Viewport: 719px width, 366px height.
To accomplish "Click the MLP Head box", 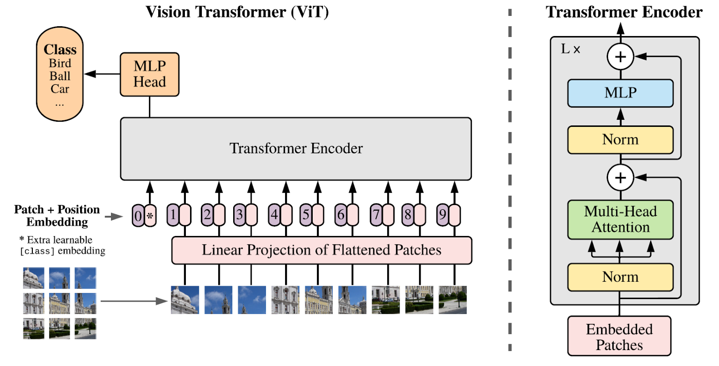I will (x=149, y=74).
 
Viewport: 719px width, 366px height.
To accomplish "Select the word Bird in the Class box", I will (x=60, y=64).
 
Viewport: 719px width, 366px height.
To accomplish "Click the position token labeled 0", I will (x=137, y=216).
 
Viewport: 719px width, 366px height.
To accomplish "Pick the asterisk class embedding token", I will (x=150, y=216).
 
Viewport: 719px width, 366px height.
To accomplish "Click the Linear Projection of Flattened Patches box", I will (x=321, y=250).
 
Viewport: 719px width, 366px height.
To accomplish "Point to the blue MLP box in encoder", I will (x=620, y=93).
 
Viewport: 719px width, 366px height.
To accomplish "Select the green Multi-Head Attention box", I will (x=620, y=219).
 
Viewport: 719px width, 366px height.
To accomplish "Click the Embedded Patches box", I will (x=619, y=336).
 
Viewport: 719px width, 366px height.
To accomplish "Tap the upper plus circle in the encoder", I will (x=620, y=56).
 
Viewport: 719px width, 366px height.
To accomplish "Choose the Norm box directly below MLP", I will (x=620, y=139).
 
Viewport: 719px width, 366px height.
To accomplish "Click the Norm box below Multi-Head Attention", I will (x=620, y=277).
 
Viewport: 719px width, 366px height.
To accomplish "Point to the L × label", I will (x=570, y=50).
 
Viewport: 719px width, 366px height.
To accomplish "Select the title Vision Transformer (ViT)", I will (x=237, y=12).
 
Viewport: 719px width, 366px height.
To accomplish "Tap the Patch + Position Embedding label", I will (x=56, y=216).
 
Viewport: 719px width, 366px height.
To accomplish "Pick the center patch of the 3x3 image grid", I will (x=60, y=303).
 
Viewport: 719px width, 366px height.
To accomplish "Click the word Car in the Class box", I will (x=60, y=88).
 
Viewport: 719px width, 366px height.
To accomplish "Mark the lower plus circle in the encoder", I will (x=620, y=178).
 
